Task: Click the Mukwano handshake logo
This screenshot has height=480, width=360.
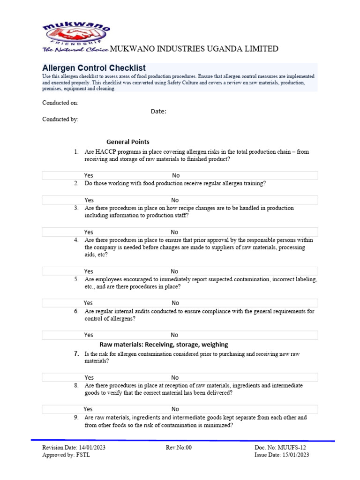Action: click(x=76, y=35)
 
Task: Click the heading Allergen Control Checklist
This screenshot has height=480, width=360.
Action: click(x=94, y=68)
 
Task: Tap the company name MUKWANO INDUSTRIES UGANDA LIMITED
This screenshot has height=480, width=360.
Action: click(x=194, y=49)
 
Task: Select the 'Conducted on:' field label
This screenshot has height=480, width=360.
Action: click(x=60, y=103)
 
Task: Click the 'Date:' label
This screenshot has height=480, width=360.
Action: click(x=158, y=111)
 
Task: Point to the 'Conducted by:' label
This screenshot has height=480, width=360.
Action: click(x=60, y=119)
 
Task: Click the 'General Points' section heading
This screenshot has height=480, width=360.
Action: click(x=128, y=142)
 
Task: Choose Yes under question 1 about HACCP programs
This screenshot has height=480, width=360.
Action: click(x=89, y=175)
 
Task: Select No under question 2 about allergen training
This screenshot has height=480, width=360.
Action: click(x=175, y=200)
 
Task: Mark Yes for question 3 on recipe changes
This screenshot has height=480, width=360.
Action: click(x=89, y=232)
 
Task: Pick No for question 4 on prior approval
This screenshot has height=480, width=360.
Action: click(x=174, y=271)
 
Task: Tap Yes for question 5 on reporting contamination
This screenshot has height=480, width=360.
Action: click(x=88, y=303)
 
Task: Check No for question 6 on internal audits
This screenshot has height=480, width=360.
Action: click(x=174, y=335)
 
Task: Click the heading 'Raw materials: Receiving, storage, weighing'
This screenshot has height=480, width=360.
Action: click(x=164, y=345)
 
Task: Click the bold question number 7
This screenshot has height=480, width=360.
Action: click(x=75, y=354)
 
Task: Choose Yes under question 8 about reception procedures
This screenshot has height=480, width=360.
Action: click(x=88, y=409)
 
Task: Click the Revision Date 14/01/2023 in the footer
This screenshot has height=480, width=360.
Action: click(x=74, y=447)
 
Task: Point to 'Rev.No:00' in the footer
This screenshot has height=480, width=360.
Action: click(x=179, y=447)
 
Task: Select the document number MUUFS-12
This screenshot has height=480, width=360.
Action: click(x=281, y=447)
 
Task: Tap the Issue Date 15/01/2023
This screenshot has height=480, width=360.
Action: click(x=281, y=455)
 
